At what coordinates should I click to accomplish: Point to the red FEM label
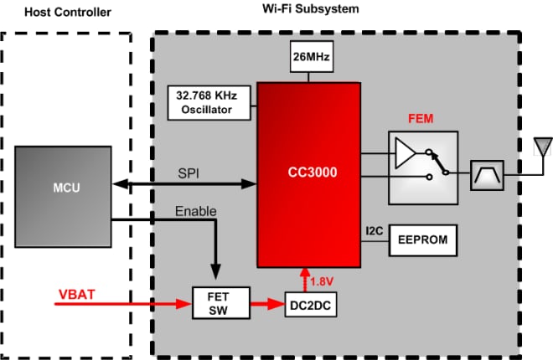click(x=422, y=118)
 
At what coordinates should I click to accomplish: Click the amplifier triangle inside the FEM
click(x=406, y=153)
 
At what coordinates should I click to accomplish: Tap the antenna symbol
click(x=542, y=148)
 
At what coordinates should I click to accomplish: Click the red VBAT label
click(x=76, y=294)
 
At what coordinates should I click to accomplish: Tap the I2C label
click(x=375, y=229)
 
